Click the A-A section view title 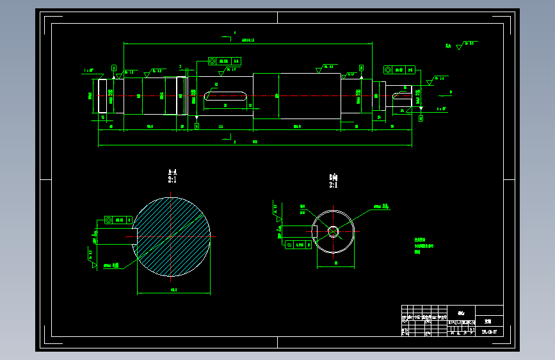172,172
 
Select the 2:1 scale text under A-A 172,181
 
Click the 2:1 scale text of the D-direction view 333,185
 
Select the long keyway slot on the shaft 225,95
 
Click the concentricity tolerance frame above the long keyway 224,61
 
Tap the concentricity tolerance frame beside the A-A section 114,220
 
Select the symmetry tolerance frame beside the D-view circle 296,245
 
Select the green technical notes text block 424,245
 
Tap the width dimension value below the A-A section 173,290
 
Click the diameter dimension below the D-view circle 337,263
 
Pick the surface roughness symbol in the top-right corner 458,47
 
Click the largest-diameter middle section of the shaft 297,96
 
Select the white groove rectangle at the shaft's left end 102,96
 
